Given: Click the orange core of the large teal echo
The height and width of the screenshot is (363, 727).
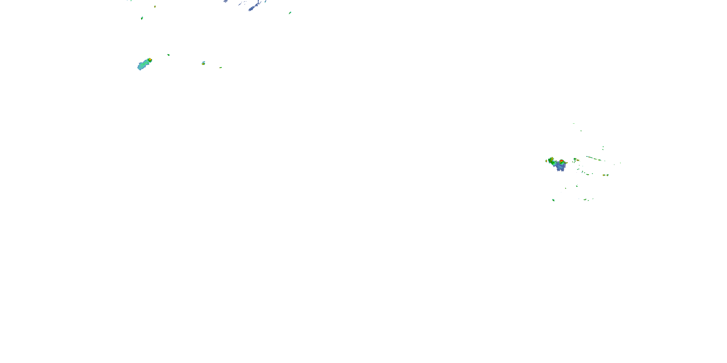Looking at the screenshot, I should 150,60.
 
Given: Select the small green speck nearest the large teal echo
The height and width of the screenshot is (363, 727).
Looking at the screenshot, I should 168,55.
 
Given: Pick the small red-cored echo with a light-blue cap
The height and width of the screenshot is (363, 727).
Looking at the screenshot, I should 203,63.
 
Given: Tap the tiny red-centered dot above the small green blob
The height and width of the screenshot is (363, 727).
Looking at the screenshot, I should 155,7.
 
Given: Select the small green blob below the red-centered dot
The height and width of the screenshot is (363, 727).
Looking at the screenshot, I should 142,18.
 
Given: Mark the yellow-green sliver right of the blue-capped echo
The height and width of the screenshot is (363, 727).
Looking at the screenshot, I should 221,68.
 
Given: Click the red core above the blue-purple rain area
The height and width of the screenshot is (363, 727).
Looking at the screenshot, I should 562,161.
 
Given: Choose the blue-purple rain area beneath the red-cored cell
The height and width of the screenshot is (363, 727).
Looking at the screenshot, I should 561,167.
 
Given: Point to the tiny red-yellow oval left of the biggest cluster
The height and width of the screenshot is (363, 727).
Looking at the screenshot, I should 546,161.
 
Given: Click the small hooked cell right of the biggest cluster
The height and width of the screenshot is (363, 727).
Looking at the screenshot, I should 575,160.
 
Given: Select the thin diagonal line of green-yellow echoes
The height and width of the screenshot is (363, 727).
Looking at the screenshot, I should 593,159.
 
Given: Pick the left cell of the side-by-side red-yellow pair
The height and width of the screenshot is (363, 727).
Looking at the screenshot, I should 604,175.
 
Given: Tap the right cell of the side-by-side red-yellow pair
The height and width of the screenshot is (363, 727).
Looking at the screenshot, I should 608,175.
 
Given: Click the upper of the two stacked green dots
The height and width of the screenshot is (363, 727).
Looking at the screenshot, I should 603,147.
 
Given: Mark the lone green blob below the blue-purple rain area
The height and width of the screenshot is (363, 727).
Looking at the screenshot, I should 553,200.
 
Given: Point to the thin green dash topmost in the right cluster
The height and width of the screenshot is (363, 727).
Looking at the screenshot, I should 573,123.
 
